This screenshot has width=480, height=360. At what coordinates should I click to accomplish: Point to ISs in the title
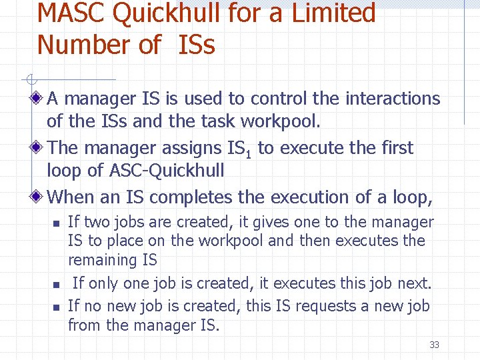[x=197, y=45]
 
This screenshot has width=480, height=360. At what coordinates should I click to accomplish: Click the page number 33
[x=434, y=345]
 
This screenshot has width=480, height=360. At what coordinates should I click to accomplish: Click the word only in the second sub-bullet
[x=102, y=283]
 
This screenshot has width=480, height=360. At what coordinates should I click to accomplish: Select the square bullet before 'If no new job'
[x=57, y=307]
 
